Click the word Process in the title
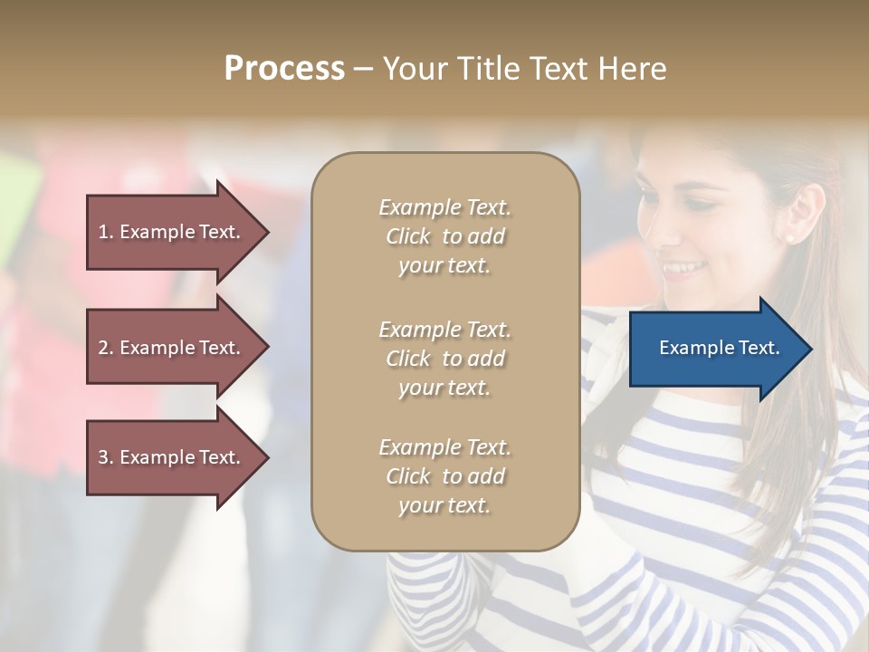pos(284,69)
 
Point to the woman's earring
pos(788,238)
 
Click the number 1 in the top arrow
pos(104,232)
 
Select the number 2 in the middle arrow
pos(104,348)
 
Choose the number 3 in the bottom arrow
pos(104,457)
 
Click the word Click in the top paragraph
pos(408,236)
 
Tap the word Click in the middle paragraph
pos(408,359)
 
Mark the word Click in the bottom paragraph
pos(408,476)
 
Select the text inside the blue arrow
pos(719,348)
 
